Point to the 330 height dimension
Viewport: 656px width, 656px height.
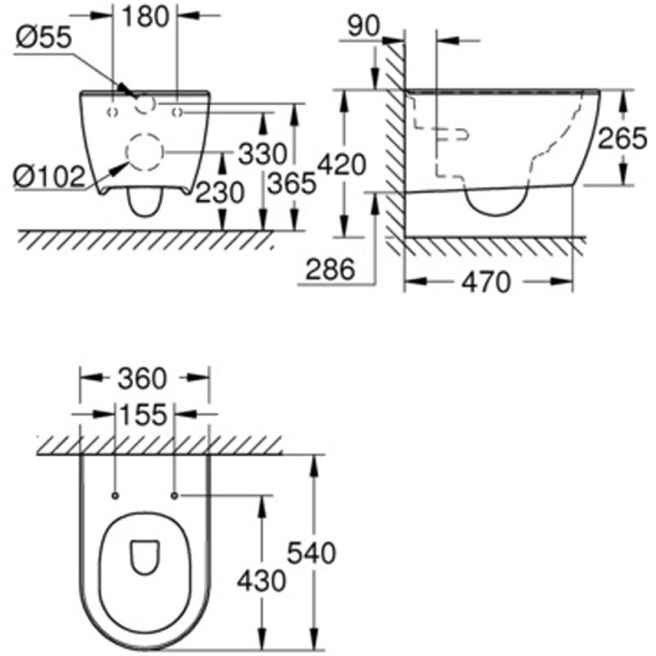[x=262, y=155]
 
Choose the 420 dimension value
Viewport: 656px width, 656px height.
[x=341, y=165]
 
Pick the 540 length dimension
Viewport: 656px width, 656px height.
[x=312, y=554]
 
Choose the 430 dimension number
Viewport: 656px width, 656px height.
[x=263, y=581]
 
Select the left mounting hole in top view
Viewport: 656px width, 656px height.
[x=115, y=495]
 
